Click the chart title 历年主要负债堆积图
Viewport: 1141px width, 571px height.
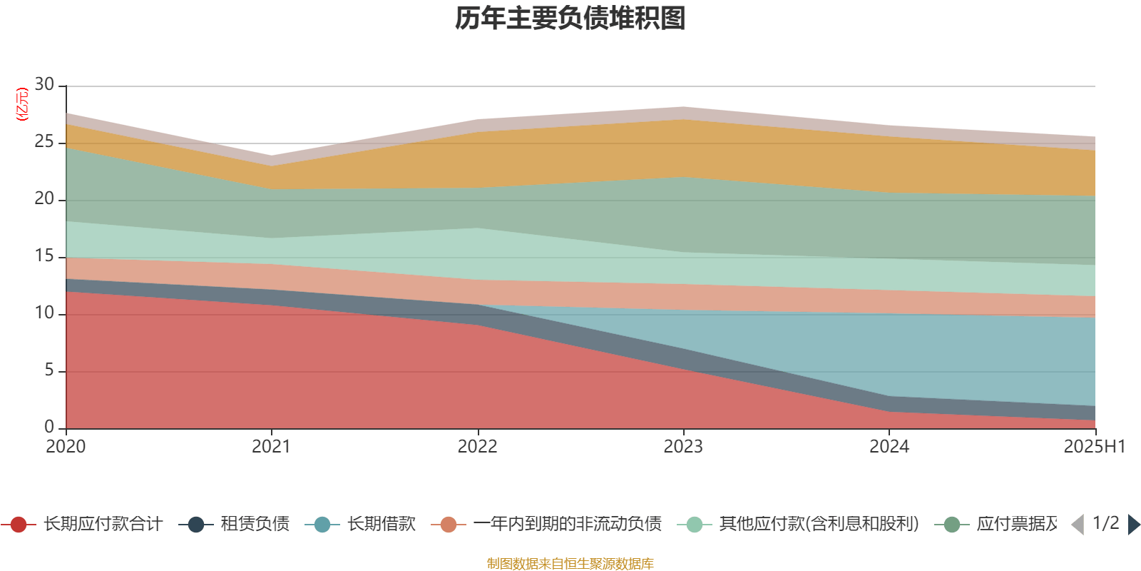point(570,19)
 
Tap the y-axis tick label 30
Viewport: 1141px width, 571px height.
point(44,84)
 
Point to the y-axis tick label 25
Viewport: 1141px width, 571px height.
point(44,142)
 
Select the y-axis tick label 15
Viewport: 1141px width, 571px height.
point(44,256)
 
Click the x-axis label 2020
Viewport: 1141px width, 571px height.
point(66,447)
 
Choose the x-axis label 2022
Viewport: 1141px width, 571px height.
point(477,447)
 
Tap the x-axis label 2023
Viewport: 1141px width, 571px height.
point(683,447)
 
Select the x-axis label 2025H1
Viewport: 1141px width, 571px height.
point(1093,447)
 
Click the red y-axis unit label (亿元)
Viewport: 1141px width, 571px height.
point(22,104)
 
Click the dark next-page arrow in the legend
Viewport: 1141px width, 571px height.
point(1134,525)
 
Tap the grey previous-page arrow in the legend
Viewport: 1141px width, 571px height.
point(1078,525)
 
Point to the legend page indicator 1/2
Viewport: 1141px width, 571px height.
point(1106,523)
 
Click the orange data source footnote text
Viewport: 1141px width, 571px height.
point(570,564)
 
